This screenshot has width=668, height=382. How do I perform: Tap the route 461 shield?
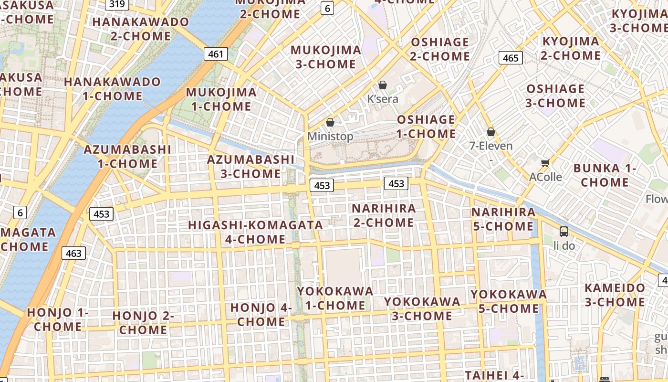216,54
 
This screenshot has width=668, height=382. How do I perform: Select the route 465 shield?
511,58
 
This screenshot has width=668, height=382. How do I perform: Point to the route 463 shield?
73,253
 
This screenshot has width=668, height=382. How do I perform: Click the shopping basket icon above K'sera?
382,85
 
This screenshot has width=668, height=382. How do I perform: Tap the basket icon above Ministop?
330,122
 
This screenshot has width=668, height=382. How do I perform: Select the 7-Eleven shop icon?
491,132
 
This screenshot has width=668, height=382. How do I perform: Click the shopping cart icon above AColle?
545,163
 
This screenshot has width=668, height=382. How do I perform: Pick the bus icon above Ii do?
564,232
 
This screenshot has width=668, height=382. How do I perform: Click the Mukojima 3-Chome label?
326,57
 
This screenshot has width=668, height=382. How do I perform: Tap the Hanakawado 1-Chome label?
113,89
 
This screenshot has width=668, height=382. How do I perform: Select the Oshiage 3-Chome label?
555,96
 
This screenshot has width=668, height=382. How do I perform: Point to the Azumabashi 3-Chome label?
251,166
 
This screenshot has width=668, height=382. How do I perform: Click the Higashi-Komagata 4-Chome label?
255,232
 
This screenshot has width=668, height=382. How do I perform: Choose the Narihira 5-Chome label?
503,219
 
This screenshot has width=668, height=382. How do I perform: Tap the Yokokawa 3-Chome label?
422,308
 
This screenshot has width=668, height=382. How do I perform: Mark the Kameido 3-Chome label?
615,295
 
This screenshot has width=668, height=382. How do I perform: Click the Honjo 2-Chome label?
143,322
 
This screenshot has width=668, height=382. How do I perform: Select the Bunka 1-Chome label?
605,175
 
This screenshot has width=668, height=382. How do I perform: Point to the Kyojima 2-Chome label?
571,48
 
